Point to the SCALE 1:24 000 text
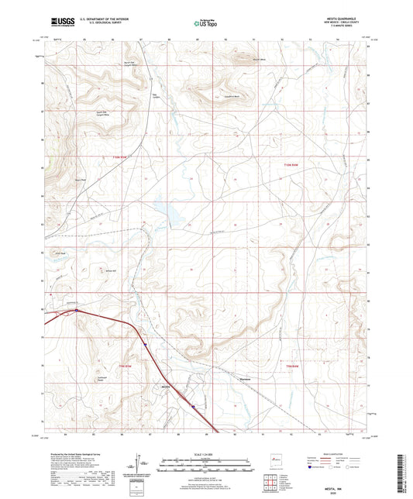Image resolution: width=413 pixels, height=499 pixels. tap(205, 454)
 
